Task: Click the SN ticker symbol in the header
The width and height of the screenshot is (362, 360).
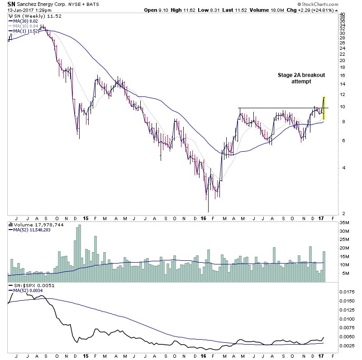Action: (12, 4)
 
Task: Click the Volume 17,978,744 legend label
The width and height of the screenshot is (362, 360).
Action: (32, 224)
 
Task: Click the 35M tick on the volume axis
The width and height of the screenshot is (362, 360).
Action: (344, 223)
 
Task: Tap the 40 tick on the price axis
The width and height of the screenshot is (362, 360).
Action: (342, 14)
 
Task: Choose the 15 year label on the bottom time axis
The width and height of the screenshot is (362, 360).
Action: (86, 356)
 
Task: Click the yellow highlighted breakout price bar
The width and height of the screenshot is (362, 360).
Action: (324, 109)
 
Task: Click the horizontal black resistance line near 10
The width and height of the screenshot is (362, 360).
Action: (281, 108)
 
